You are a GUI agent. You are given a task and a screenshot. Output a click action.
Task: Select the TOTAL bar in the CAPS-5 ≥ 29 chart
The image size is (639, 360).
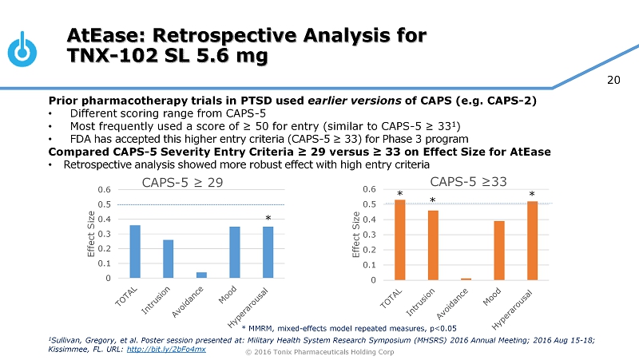[x=135, y=251]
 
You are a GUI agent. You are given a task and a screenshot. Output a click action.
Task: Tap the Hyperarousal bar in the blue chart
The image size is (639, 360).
[x=268, y=252]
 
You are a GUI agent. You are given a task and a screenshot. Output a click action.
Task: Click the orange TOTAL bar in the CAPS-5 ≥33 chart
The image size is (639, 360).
[x=399, y=239]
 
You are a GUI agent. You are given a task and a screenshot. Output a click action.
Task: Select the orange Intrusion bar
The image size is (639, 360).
[x=433, y=245]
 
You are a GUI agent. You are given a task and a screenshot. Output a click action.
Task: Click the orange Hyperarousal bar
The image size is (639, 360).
[x=532, y=240]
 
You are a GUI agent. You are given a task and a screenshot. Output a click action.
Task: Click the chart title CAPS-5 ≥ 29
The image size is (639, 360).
[x=182, y=182]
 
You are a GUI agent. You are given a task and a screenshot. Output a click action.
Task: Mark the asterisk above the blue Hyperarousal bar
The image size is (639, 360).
[x=268, y=218]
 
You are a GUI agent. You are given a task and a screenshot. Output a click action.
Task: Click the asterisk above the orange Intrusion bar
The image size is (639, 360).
[x=433, y=202]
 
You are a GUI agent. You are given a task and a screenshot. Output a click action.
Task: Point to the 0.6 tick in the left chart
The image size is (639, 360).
[x=105, y=189]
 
